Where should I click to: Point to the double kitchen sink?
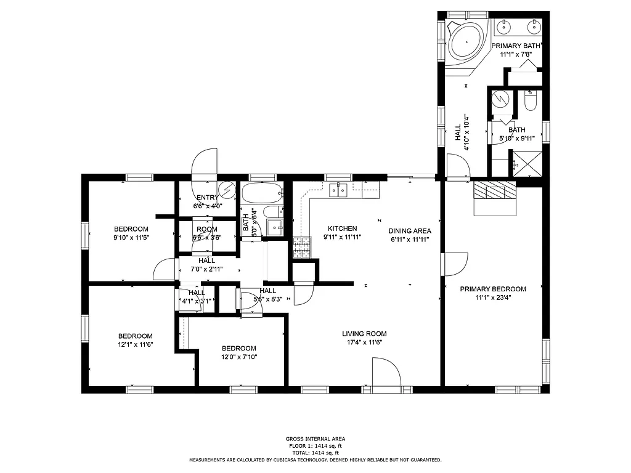point(338,190)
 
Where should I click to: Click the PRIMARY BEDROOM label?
point(493,289)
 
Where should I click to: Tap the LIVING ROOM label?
point(364,334)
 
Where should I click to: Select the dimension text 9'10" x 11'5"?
point(131,237)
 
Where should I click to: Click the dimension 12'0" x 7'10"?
point(238,357)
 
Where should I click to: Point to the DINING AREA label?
point(410,231)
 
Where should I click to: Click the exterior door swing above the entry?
point(205,165)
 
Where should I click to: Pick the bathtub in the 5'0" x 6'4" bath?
point(261,193)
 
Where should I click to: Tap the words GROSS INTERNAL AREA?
point(315,439)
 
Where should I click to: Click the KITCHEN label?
point(342,228)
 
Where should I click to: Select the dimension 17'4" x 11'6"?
point(364,342)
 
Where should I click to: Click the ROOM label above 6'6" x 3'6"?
point(206,229)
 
